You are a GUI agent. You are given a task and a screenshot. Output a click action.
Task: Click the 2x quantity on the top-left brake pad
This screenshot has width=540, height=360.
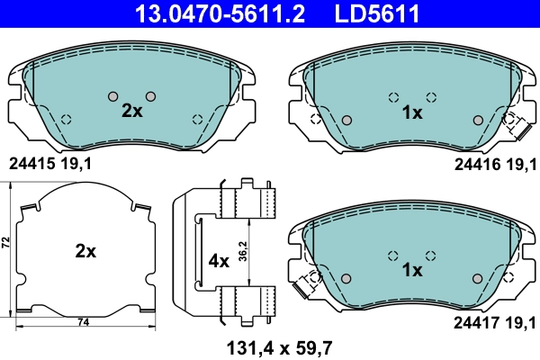tap(132, 112)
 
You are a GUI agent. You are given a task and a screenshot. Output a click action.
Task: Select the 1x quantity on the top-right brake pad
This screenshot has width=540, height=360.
tap(412, 112)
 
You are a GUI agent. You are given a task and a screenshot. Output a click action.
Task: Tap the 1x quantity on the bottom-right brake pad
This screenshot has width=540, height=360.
tap(412, 270)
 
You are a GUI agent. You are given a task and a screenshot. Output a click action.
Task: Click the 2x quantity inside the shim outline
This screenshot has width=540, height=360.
tap(85, 252)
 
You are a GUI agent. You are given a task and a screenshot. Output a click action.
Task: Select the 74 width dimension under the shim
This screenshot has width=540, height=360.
tap(83, 322)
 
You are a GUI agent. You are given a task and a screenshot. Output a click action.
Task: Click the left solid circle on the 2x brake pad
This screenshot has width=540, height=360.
tap(112, 96)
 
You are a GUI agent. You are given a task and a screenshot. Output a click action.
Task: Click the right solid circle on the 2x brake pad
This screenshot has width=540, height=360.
tap(150, 96)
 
